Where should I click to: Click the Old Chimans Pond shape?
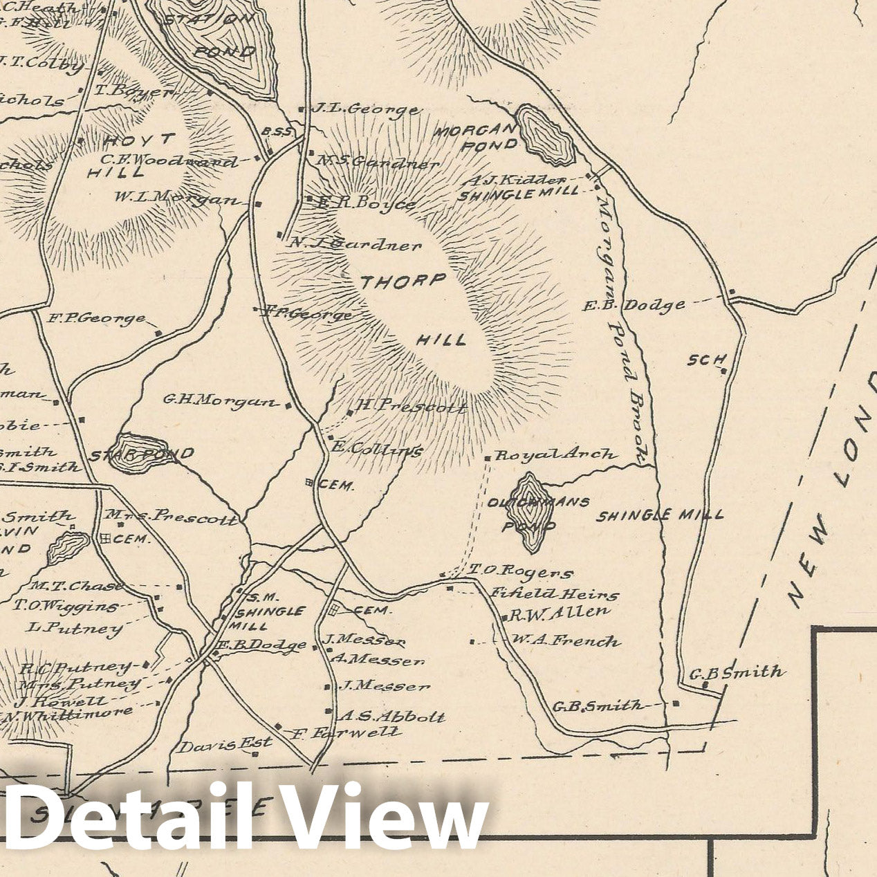(531, 512)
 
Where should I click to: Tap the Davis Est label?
(225, 746)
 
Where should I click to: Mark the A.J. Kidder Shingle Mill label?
(518, 187)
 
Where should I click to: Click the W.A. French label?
(565, 641)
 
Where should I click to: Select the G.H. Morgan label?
(219, 400)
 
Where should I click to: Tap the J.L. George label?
(364, 109)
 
